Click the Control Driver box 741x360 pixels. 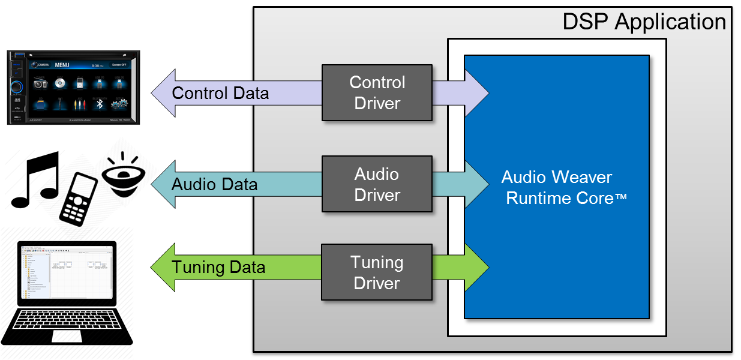click(377, 93)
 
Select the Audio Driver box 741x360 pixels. click(377, 184)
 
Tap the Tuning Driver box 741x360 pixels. click(377, 272)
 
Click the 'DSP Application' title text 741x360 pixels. click(644, 22)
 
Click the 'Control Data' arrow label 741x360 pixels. click(220, 94)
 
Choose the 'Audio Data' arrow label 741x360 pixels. click(214, 184)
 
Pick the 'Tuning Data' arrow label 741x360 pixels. click(218, 267)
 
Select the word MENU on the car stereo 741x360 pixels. click(62, 65)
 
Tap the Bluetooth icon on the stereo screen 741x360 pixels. click(101, 104)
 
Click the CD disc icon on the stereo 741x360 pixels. click(59, 84)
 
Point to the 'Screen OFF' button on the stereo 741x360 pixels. click(119, 65)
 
